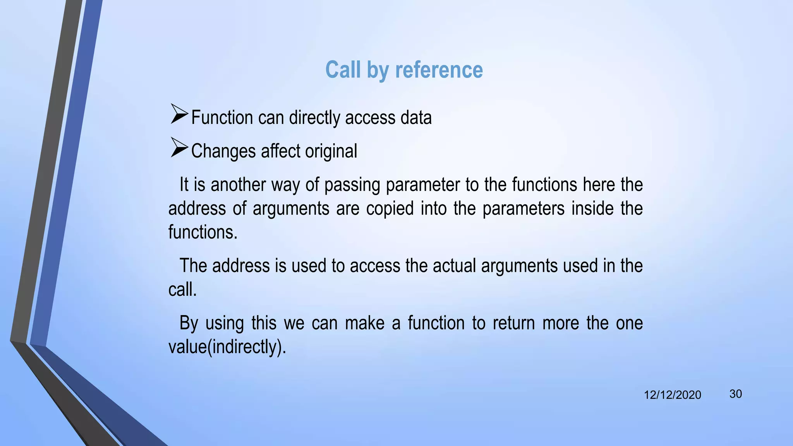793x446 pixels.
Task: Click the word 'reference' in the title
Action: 439,70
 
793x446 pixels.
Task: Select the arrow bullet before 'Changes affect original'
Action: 179,148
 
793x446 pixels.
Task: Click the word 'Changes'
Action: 223,151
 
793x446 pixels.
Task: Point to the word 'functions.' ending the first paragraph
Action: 203,232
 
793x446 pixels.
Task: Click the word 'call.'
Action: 182,290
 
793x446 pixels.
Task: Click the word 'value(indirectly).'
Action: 227,347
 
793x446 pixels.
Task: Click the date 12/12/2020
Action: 672,395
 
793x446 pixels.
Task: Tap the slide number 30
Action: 735,394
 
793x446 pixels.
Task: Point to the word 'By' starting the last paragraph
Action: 189,323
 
